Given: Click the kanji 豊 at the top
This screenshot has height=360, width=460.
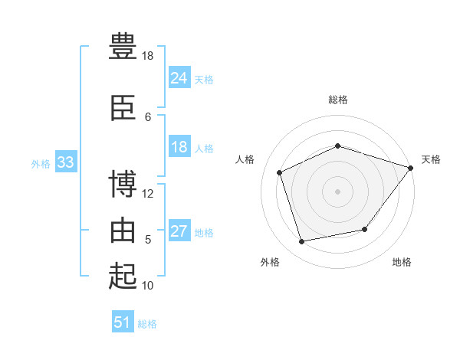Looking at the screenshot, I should click(x=123, y=46).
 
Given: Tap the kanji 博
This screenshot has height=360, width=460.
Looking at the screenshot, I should click(x=123, y=185).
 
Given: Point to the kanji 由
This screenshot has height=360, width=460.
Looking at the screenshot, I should click(x=123, y=230).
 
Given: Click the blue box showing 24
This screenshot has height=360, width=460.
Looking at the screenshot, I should click(x=179, y=78).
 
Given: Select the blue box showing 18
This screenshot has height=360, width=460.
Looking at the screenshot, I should click(x=179, y=147).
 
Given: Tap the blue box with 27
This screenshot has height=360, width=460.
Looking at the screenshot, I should click(x=179, y=231).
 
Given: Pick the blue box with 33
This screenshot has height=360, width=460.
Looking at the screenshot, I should click(x=65, y=162).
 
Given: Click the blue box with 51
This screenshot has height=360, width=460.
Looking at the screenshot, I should click(x=123, y=322).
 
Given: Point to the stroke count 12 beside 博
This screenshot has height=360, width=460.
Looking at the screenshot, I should click(x=148, y=193).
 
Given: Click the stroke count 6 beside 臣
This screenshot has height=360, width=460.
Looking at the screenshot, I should click(x=148, y=116).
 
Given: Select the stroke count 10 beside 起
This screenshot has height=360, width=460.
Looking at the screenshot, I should click(x=148, y=285).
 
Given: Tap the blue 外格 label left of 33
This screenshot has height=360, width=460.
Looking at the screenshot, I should click(x=41, y=163).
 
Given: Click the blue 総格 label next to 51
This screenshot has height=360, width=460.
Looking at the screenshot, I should click(x=147, y=324).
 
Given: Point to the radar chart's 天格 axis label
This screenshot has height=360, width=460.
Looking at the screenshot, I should click(x=431, y=159).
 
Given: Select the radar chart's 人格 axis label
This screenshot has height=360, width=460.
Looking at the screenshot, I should click(x=245, y=159).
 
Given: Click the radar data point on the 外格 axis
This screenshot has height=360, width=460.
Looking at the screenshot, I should click(x=302, y=242).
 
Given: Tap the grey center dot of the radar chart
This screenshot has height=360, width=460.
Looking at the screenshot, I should click(x=337, y=191).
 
